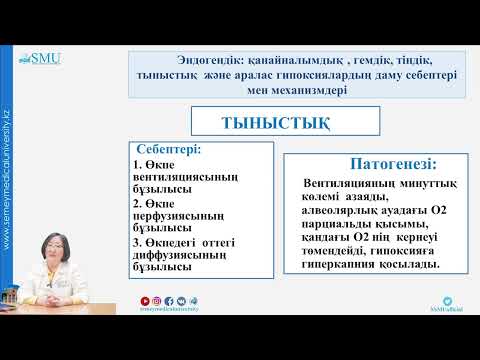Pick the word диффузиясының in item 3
[x=176, y=255]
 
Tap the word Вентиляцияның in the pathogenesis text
[x=344, y=184]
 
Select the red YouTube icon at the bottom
[x=146, y=326]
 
